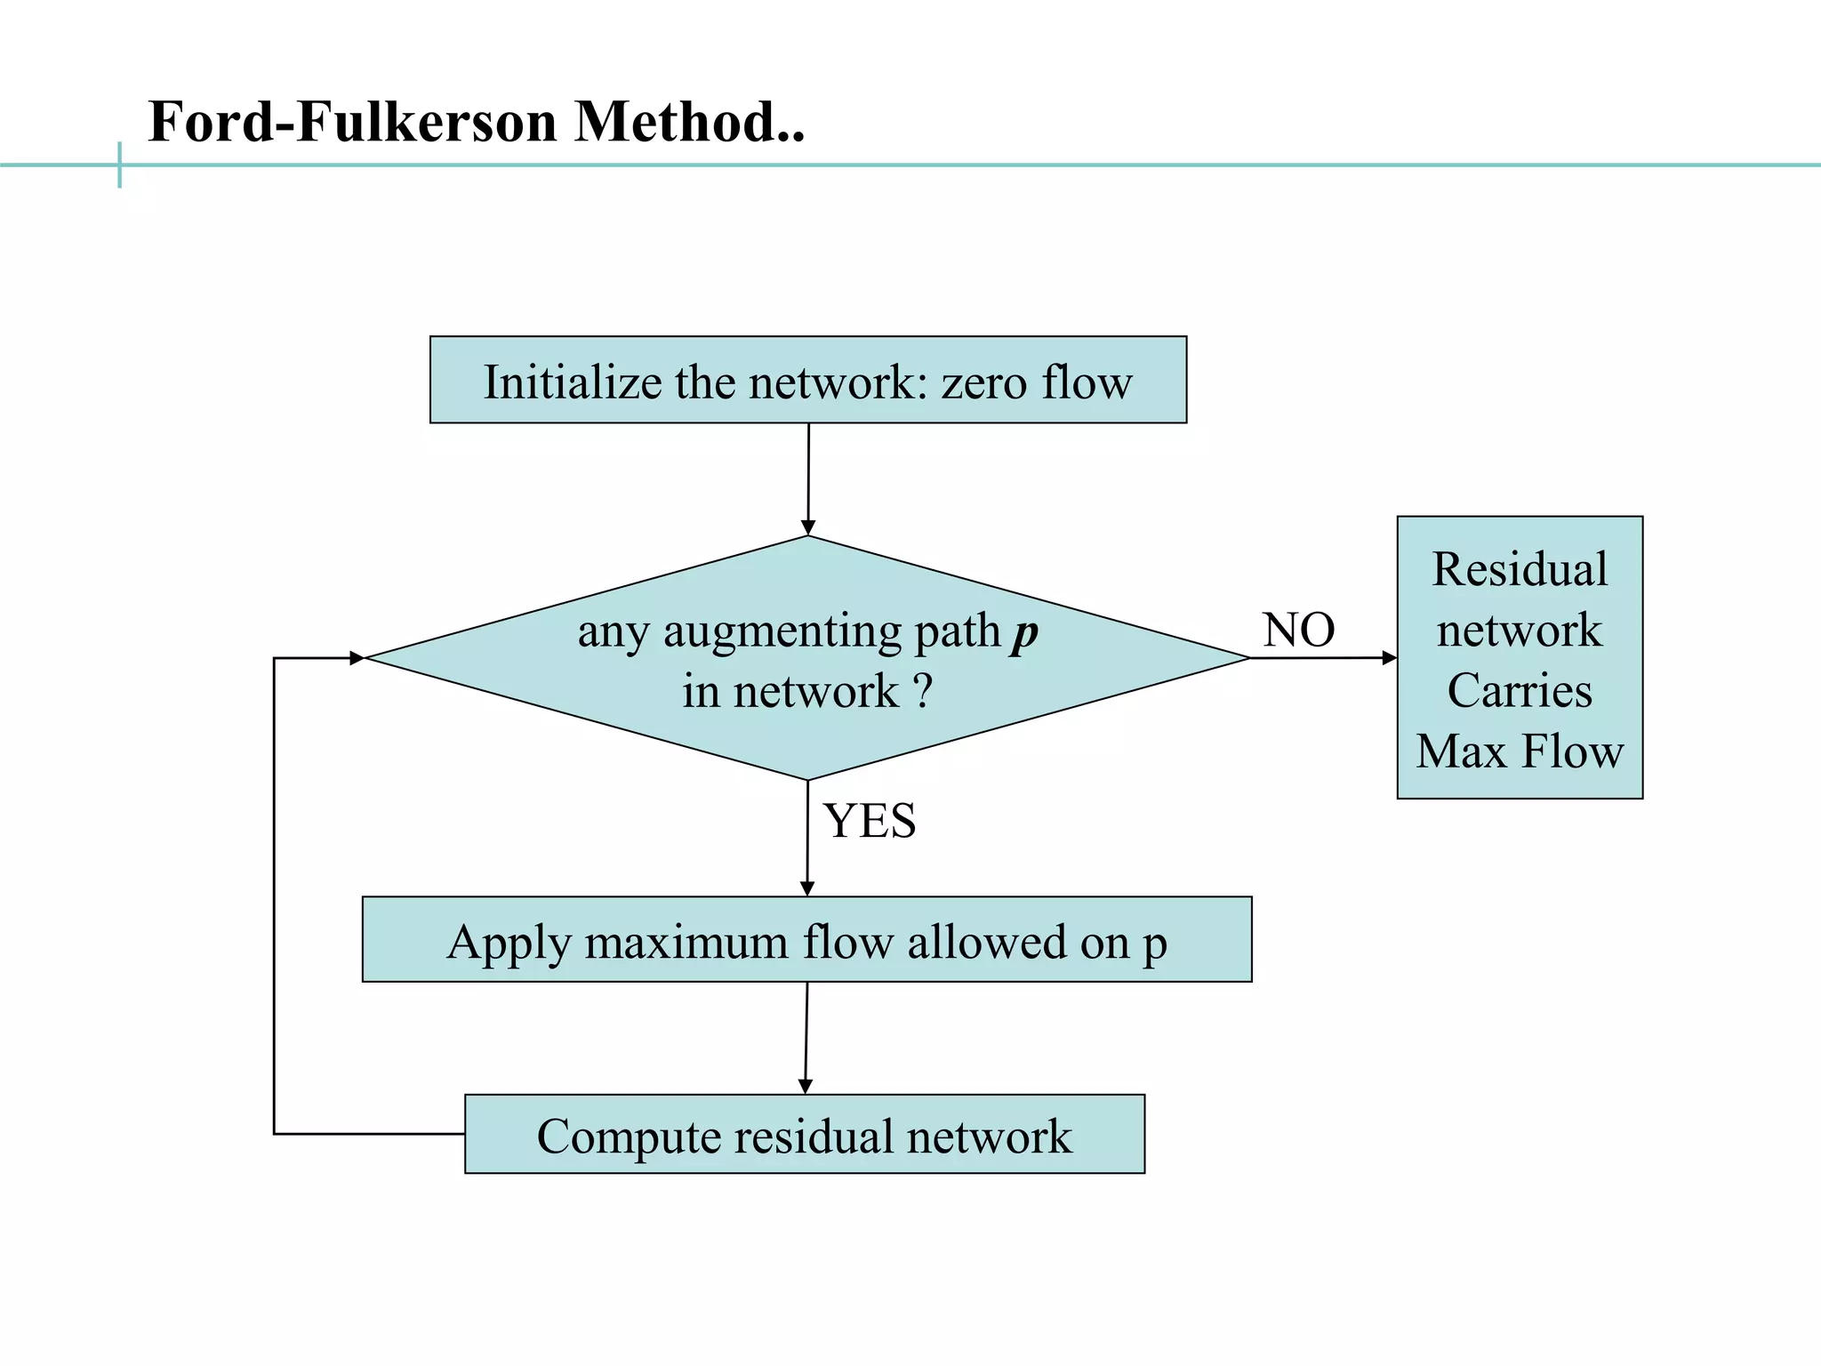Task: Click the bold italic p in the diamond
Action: (1024, 633)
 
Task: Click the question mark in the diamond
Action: (923, 691)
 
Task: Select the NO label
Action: (1298, 630)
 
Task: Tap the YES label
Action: (869, 820)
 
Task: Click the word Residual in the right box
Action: (1520, 569)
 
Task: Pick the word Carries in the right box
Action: (1520, 691)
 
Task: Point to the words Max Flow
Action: (1520, 751)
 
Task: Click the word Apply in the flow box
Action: (507, 943)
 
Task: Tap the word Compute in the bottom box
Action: (628, 1137)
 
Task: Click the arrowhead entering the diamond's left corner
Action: (357, 658)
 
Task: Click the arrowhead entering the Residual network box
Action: (1389, 658)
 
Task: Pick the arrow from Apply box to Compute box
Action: (806, 1037)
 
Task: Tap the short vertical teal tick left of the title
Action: (119, 165)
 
